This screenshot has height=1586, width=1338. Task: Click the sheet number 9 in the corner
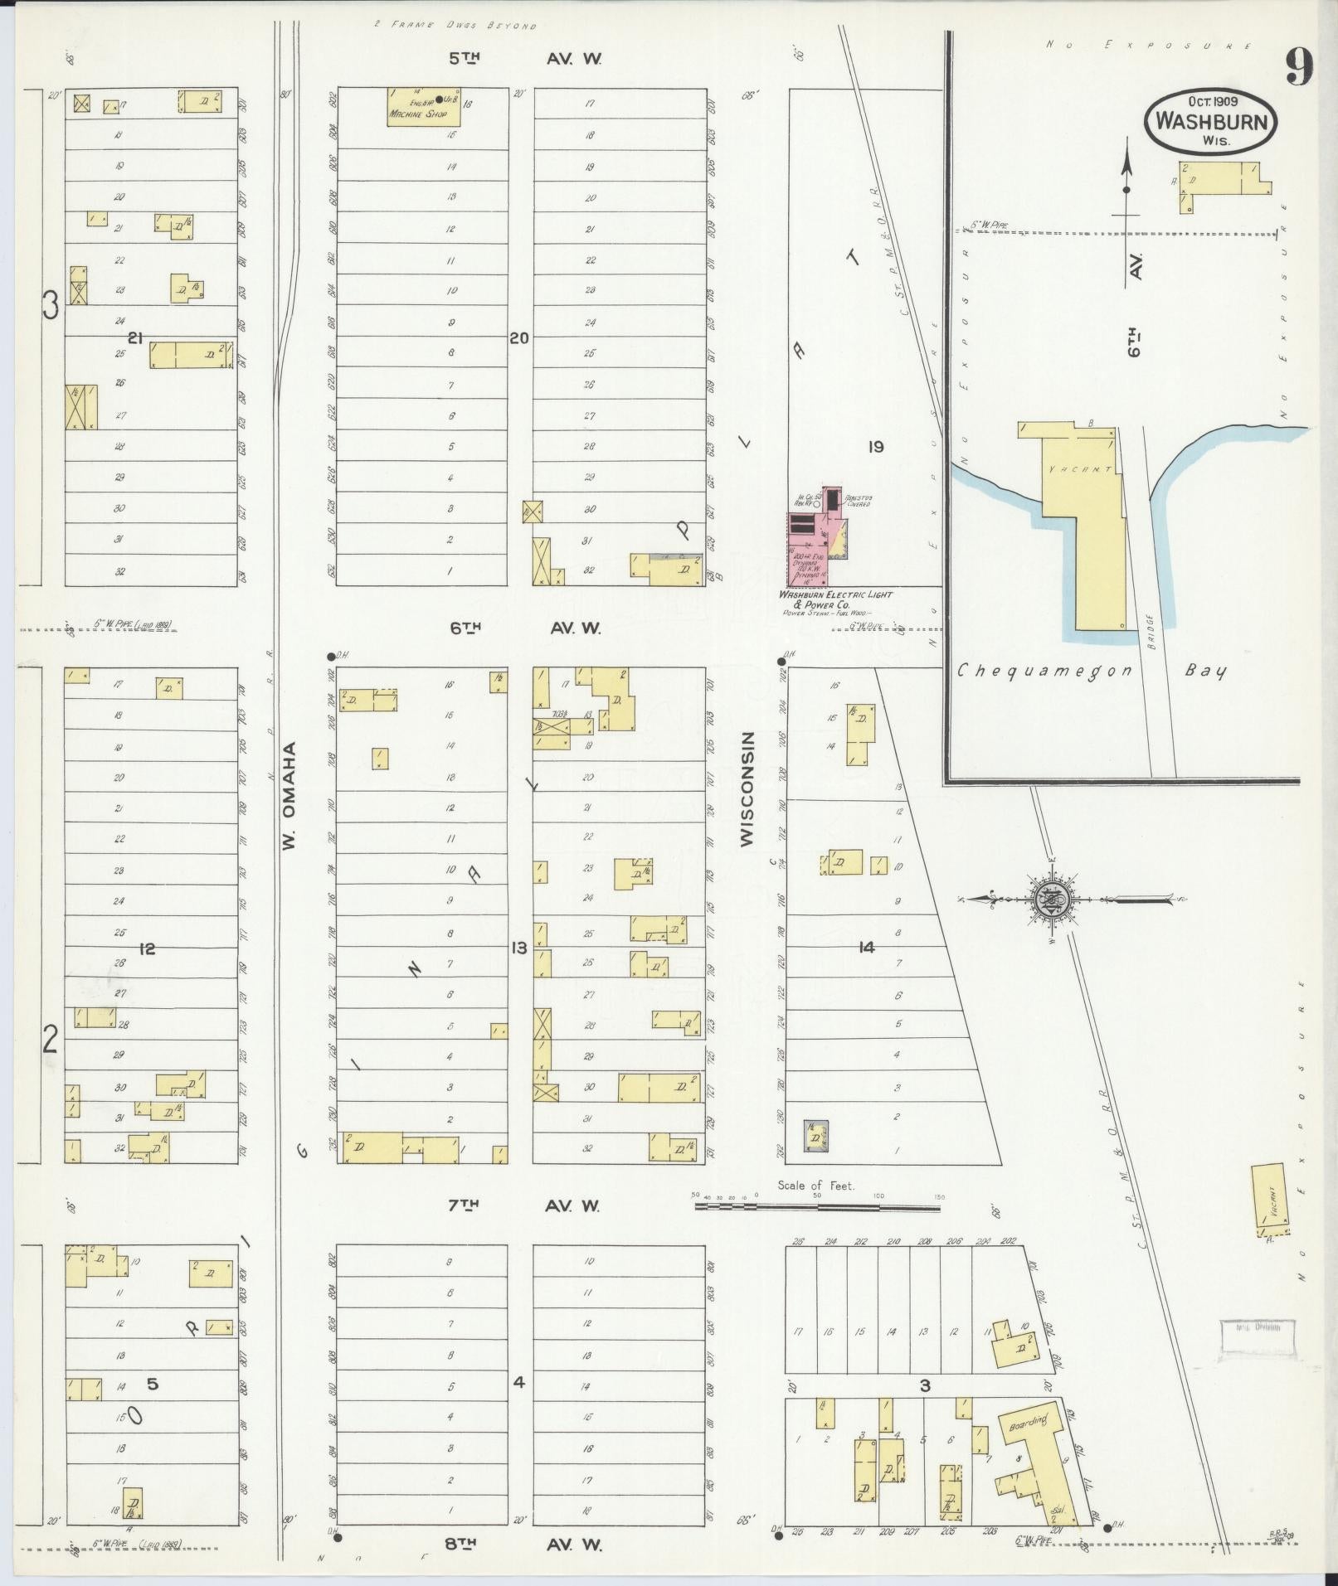(x=1299, y=67)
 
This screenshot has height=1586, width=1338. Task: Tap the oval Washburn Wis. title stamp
(x=1210, y=121)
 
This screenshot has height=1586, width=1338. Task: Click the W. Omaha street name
(x=288, y=796)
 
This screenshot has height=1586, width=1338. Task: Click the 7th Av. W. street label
(x=525, y=1205)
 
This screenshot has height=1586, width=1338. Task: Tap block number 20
(x=519, y=338)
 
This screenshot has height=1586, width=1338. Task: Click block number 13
(x=519, y=948)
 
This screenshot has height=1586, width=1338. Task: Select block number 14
(x=867, y=948)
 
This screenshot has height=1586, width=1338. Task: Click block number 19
(x=875, y=447)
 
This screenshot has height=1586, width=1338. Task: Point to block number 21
(x=137, y=338)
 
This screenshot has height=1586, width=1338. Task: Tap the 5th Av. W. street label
(x=525, y=59)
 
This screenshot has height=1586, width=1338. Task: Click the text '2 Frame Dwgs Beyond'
(x=455, y=26)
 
